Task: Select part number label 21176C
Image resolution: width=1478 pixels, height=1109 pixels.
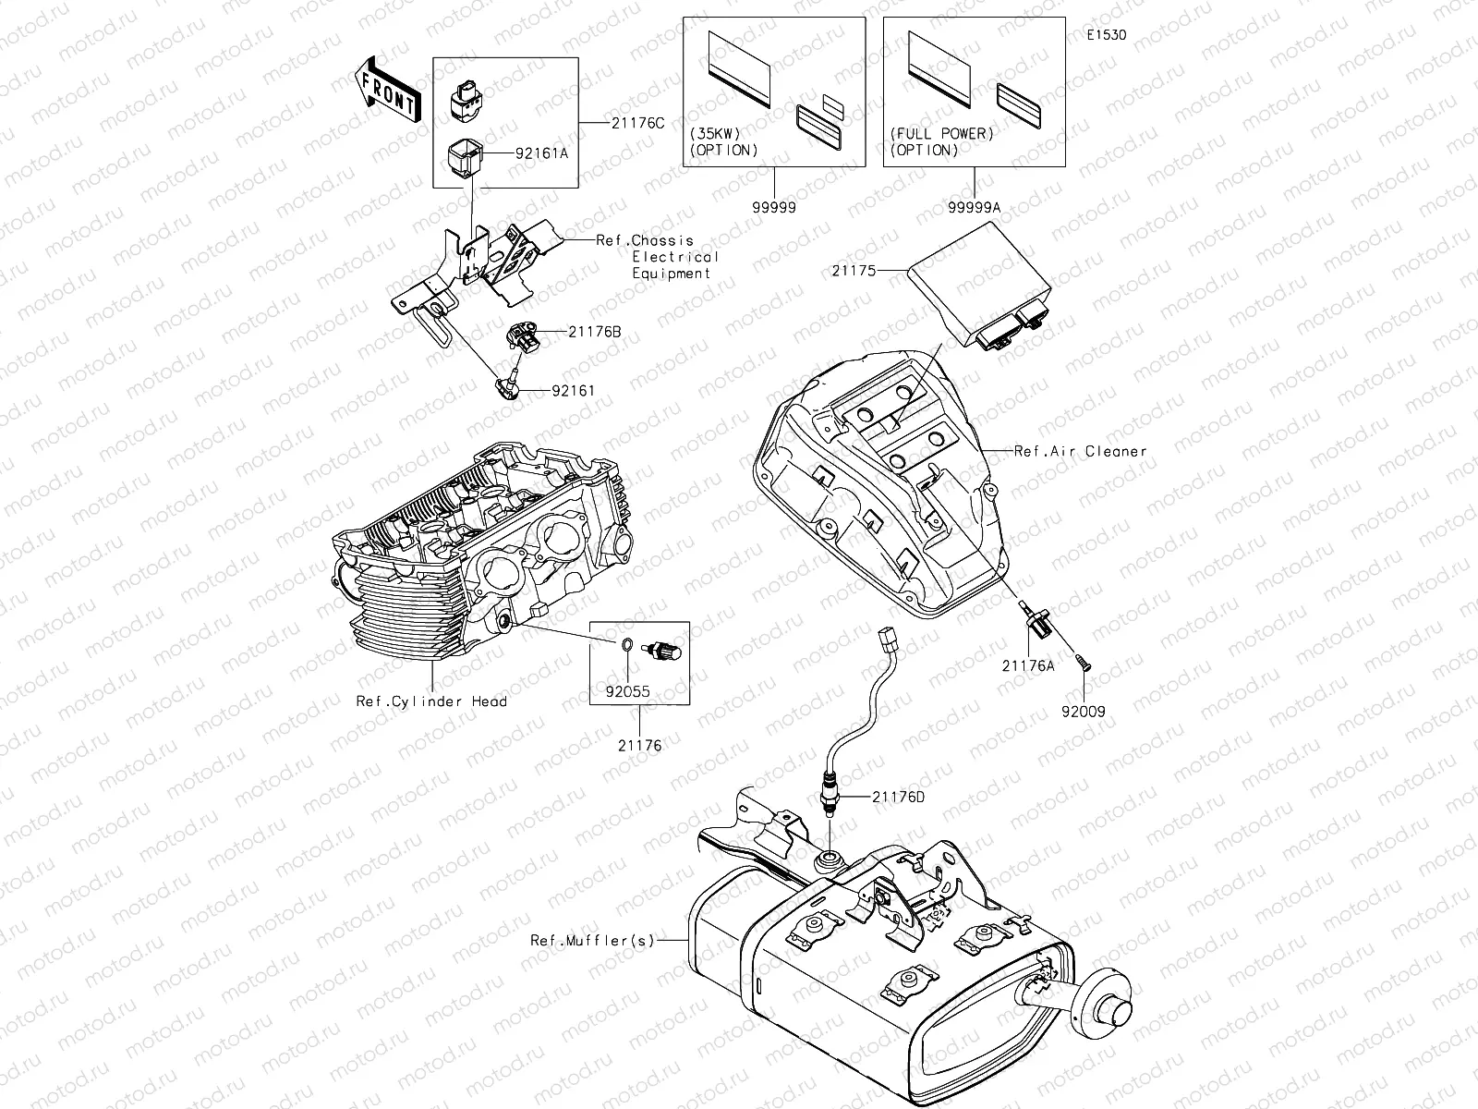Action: point(636,123)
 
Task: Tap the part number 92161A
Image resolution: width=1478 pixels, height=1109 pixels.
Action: point(542,154)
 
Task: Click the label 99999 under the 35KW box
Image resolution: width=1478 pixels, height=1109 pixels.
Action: point(774,208)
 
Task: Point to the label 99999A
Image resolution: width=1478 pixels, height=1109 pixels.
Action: point(974,208)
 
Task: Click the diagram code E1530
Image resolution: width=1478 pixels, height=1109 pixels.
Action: point(1106,36)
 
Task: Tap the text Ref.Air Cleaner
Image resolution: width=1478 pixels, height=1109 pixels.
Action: point(1080,451)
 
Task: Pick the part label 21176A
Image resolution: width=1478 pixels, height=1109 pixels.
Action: point(1028,664)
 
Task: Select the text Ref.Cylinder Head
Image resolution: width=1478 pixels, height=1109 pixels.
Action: point(431,701)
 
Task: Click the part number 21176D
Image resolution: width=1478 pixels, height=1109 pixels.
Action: point(898,796)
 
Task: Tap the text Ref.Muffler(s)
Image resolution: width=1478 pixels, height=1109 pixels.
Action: point(592,941)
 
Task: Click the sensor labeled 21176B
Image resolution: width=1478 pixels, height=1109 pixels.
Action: point(522,339)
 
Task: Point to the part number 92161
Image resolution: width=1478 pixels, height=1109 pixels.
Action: point(573,391)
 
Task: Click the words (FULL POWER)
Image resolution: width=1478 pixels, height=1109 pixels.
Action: point(942,133)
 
